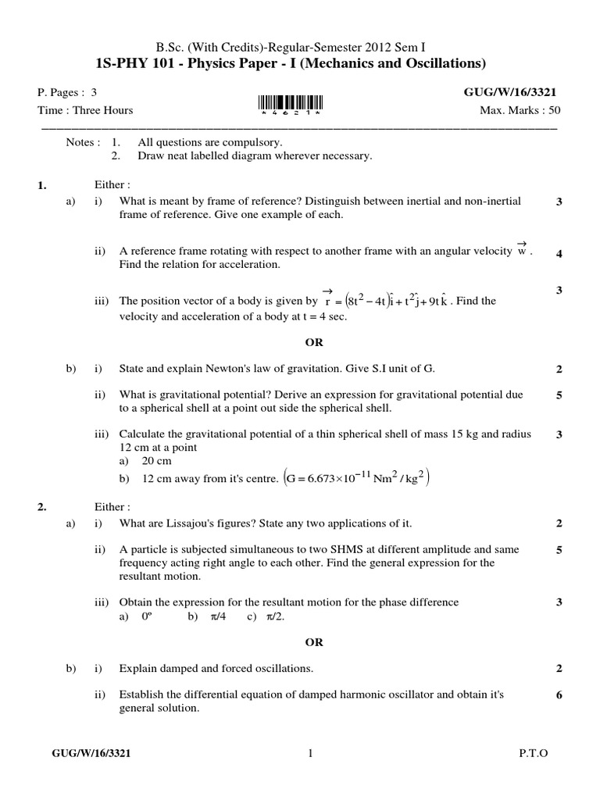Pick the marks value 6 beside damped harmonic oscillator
point(559,695)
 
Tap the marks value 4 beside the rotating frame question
point(559,253)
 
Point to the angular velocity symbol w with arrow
point(523,250)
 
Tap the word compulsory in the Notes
point(256,142)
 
